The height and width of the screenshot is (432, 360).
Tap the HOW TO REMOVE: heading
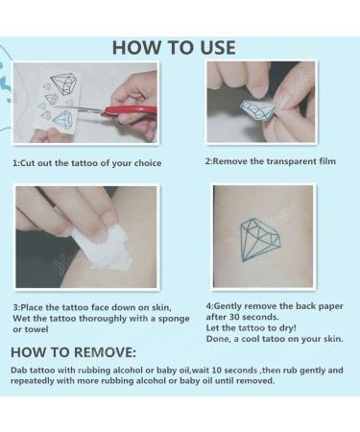[x=73, y=352]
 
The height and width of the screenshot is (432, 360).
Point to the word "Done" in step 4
[x=218, y=339]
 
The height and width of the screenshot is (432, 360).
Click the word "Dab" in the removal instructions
[x=21, y=370]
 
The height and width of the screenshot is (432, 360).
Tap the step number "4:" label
[x=209, y=305]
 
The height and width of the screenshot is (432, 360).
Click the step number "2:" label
[x=209, y=161]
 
